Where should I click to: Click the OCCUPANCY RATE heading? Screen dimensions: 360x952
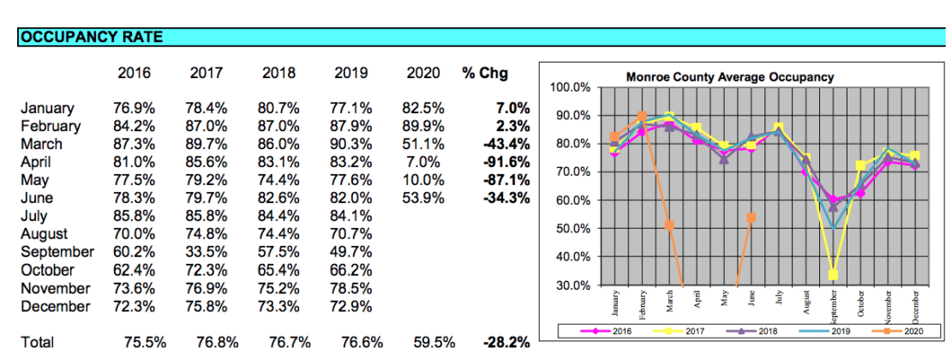pos(92,37)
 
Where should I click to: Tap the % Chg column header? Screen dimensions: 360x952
pos(485,74)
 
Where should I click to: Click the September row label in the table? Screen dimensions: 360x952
pos(57,252)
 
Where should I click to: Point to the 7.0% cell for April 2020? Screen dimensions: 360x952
pos(423,162)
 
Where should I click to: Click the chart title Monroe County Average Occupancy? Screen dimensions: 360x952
pos(729,77)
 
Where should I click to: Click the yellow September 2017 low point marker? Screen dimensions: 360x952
pos(833,275)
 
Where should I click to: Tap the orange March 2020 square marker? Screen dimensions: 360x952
pos(668,225)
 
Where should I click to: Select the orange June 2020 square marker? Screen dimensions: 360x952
pos(751,218)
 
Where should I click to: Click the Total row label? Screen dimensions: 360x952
pos(37,342)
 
